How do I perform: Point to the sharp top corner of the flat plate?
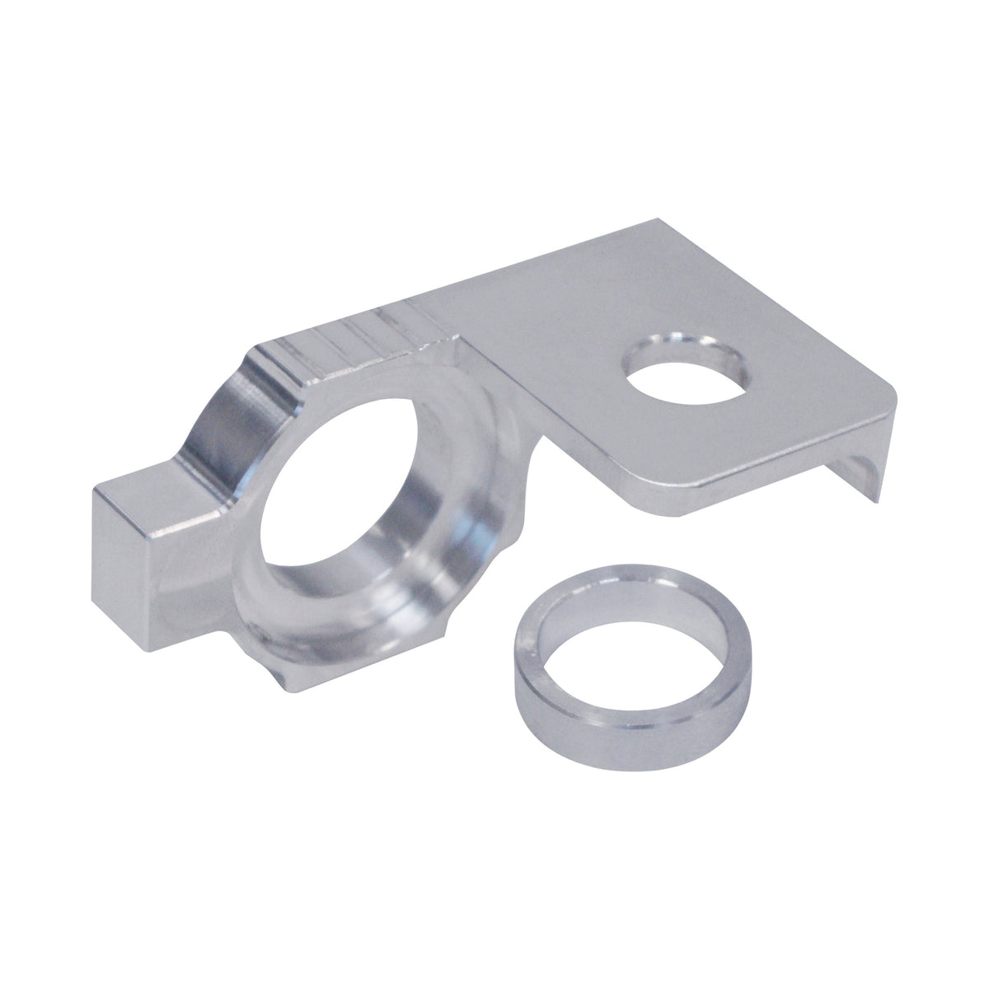point(658,220)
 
